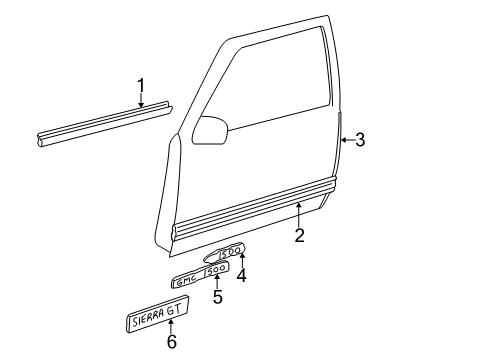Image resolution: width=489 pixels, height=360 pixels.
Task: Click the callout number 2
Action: (299, 236)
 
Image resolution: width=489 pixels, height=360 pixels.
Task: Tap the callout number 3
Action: (360, 140)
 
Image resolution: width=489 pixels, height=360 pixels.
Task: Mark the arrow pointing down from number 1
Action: (141, 98)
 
